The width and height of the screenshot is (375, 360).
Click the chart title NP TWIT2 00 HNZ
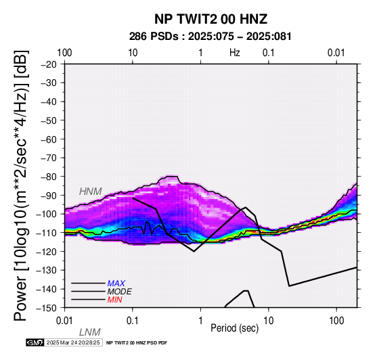click(211, 19)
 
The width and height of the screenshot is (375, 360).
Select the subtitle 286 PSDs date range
click(211, 37)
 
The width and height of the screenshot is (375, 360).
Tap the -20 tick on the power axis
click(49, 64)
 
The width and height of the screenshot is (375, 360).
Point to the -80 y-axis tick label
click(49, 177)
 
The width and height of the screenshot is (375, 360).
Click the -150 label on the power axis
click(47, 308)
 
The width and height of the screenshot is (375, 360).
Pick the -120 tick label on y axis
click(47, 252)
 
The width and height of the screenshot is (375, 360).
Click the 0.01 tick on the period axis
click(64, 321)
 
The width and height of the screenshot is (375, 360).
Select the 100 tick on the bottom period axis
click(336, 321)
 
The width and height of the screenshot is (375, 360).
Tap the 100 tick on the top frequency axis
click(64, 53)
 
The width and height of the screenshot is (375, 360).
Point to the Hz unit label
click(235, 53)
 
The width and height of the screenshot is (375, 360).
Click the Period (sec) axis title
click(235, 328)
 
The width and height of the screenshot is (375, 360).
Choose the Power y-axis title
click(20, 185)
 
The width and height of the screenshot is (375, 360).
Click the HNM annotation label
click(91, 192)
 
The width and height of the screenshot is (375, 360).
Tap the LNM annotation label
click(89, 332)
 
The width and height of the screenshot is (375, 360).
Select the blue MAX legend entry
click(116, 284)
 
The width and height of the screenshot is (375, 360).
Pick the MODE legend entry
click(119, 292)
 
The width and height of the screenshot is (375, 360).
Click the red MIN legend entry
click(114, 300)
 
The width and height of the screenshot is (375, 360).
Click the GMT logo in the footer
click(35, 342)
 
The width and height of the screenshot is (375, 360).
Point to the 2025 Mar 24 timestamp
click(73, 342)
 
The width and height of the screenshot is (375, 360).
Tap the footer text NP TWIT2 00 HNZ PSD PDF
click(137, 343)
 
